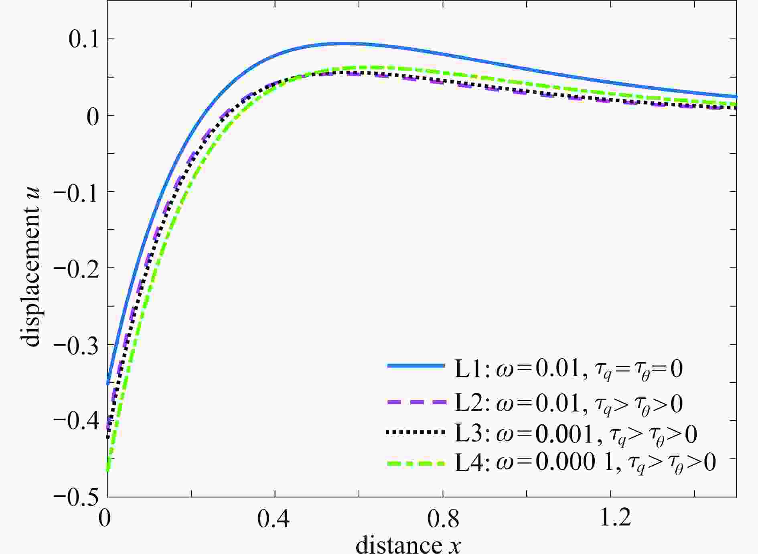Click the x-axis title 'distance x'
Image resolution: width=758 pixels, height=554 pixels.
coord(408,544)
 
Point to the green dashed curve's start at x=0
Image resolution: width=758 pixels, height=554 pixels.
coord(107,470)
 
